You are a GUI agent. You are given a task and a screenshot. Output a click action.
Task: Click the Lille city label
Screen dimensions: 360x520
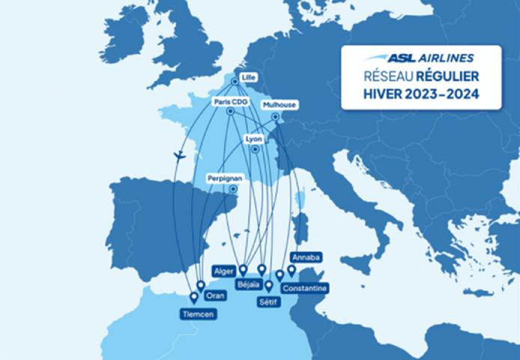click(x=247, y=76)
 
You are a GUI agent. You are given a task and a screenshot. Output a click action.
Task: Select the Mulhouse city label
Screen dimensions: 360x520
click(x=279, y=105)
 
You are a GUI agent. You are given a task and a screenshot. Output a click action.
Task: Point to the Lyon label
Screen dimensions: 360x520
click(x=254, y=139)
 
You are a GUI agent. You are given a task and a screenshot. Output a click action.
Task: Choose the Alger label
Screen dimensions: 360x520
click(x=224, y=271)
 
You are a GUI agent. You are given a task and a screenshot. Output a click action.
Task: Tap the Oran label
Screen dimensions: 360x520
click(x=214, y=295)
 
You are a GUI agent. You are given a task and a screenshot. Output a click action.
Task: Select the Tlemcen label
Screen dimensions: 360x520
click(x=198, y=314)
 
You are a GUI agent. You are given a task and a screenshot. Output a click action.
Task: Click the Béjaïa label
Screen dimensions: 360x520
click(x=248, y=284)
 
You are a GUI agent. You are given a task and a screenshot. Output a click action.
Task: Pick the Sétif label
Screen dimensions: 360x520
click(x=267, y=301)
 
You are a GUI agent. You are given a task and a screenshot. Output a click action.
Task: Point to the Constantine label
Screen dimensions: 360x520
click(x=304, y=288)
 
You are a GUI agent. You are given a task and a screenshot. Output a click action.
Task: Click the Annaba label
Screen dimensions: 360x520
click(x=306, y=257)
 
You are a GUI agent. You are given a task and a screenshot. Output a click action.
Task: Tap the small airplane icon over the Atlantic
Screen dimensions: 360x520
click(x=179, y=156)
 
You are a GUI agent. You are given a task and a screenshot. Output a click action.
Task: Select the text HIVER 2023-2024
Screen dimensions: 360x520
click(x=420, y=95)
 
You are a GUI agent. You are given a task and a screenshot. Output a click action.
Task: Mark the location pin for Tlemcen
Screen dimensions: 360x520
click(x=193, y=297)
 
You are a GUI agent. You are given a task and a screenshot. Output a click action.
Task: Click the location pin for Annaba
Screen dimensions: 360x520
click(x=291, y=269)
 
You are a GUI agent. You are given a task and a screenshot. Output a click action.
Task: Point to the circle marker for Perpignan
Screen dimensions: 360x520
click(x=232, y=190)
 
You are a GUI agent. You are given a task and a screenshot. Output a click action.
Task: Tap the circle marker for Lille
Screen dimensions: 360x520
click(x=235, y=81)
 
